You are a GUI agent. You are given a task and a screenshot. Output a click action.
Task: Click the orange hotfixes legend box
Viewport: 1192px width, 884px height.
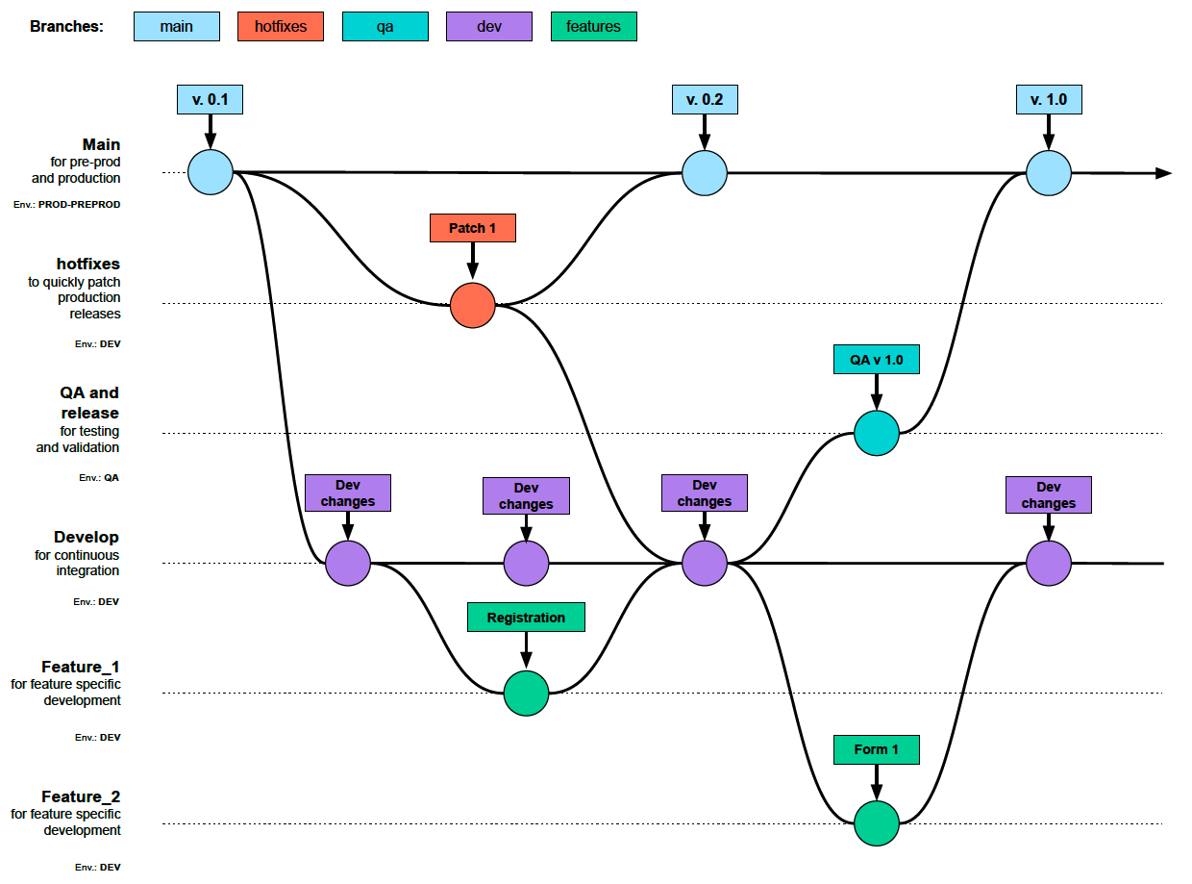click(x=281, y=27)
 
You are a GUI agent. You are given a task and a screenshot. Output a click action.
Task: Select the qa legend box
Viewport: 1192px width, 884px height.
click(x=385, y=27)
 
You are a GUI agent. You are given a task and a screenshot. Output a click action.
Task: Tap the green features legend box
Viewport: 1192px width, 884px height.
click(x=593, y=27)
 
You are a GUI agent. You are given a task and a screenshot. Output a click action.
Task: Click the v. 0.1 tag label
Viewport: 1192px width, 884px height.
click(x=210, y=100)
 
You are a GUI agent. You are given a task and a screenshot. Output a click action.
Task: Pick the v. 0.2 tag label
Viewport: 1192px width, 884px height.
click(x=704, y=100)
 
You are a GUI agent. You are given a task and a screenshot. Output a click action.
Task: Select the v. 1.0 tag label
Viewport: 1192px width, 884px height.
click(x=1048, y=100)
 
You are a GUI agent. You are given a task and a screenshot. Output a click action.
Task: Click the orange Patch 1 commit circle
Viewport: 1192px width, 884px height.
click(x=473, y=305)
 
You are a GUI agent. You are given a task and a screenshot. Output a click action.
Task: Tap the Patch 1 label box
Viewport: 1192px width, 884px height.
click(x=472, y=228)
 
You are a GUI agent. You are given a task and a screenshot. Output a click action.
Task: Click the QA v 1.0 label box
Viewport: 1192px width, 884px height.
click(x=876, y=361)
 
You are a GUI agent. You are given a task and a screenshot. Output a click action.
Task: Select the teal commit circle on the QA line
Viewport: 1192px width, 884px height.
click(x=877, y=433)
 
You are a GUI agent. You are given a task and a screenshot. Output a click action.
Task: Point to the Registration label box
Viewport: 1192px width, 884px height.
click(x=526, y=618)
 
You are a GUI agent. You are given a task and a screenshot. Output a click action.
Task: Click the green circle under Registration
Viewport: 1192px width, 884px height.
click(x=527, y=693)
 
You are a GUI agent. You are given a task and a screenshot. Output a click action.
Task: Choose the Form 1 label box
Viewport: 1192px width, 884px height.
click(x=876, y=749)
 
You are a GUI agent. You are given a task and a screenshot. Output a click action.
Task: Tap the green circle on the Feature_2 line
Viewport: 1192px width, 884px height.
click(x=877, y=823)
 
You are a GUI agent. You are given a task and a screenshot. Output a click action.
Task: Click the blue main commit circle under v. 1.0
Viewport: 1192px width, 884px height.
click(x=1048, y=174)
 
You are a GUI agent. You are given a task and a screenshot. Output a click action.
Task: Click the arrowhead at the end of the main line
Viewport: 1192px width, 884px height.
click(x=1163, y=173)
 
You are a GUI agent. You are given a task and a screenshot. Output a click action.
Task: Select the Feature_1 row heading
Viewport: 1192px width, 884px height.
click(x=81, y=667)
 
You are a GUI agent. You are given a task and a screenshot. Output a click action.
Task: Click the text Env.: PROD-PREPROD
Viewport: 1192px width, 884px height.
click(x=67, y=205)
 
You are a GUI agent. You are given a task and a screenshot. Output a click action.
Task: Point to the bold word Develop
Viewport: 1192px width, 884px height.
click(x=87, y=537)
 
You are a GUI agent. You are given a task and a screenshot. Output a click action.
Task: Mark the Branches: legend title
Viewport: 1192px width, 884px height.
click(x=66, y=27)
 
